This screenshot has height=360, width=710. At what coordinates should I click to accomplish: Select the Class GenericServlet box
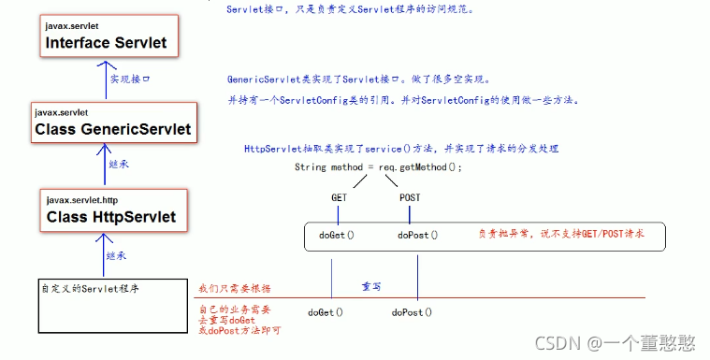pyautogui.click(x=111, y=122)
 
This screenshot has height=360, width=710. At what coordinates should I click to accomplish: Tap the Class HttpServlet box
pyautogui.click(x=111, y=210)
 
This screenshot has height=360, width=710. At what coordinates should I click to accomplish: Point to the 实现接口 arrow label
pyautogui.click(x=130, y=79)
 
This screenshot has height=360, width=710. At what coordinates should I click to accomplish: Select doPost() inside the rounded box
pyautogui.click(x=417, y=236)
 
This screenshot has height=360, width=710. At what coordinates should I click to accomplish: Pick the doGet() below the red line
pyautogui.click(x=325, y=312)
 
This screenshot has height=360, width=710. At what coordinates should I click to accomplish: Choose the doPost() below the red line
pyautogui.click(x=412, y=312)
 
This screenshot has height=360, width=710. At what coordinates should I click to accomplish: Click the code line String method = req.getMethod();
pyautogui.click(x=378, y=167)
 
